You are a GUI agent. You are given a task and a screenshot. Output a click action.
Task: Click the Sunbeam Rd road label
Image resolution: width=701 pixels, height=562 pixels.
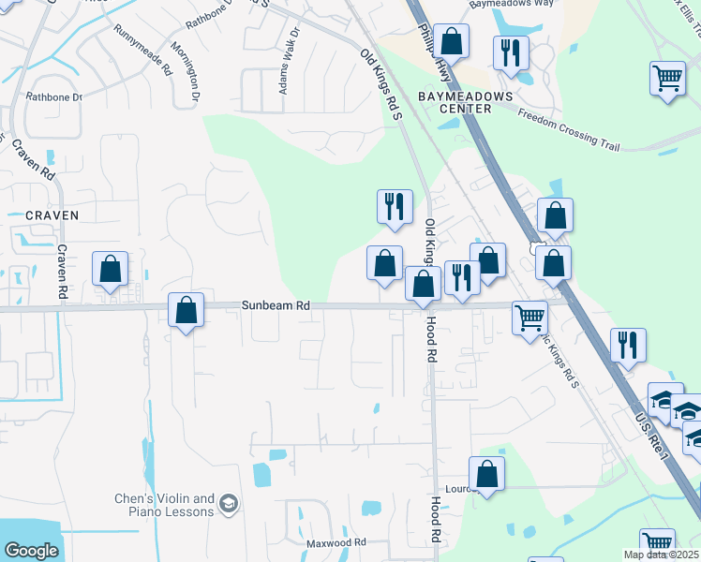(x=276, y=305)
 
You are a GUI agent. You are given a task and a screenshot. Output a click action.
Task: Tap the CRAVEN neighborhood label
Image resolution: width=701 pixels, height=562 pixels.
(x=52, y=215)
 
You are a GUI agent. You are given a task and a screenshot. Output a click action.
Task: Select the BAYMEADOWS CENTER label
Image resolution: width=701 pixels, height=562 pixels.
(x=466, y=102)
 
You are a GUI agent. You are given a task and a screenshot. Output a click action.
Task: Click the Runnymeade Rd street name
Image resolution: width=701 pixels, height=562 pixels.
(x=142, y=51)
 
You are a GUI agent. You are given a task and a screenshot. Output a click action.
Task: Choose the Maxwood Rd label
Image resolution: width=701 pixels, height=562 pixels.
(x=336, y=543)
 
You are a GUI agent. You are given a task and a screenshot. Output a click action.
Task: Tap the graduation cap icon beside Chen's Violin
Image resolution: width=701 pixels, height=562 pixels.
(x=227, y=506)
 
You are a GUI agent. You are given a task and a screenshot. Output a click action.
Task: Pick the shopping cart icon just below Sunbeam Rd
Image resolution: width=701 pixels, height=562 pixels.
(x=529, y=317)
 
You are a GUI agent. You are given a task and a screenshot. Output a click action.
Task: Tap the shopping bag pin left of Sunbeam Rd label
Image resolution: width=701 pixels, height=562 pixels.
(x=186, y=309)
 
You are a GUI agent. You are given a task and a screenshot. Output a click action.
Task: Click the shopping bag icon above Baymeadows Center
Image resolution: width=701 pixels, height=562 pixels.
(x=452, y=41)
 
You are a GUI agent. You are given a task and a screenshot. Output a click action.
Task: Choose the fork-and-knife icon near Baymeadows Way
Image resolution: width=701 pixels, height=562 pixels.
(x=509, y=52)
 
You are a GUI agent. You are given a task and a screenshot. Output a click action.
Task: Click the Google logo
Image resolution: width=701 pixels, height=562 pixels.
(x=32, y=551)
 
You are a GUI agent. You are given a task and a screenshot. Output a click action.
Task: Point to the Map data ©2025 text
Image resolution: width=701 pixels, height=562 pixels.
(x=661, y=555)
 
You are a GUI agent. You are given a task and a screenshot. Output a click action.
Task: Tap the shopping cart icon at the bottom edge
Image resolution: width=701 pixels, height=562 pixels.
(x=658, y=543)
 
